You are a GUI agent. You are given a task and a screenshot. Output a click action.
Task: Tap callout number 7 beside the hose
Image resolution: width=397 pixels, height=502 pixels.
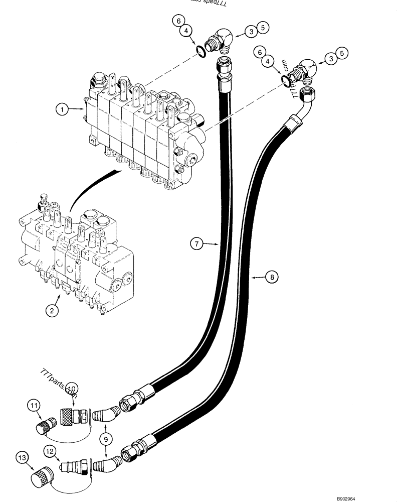196,244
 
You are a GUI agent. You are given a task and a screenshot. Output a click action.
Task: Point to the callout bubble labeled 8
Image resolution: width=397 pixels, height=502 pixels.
271,276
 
